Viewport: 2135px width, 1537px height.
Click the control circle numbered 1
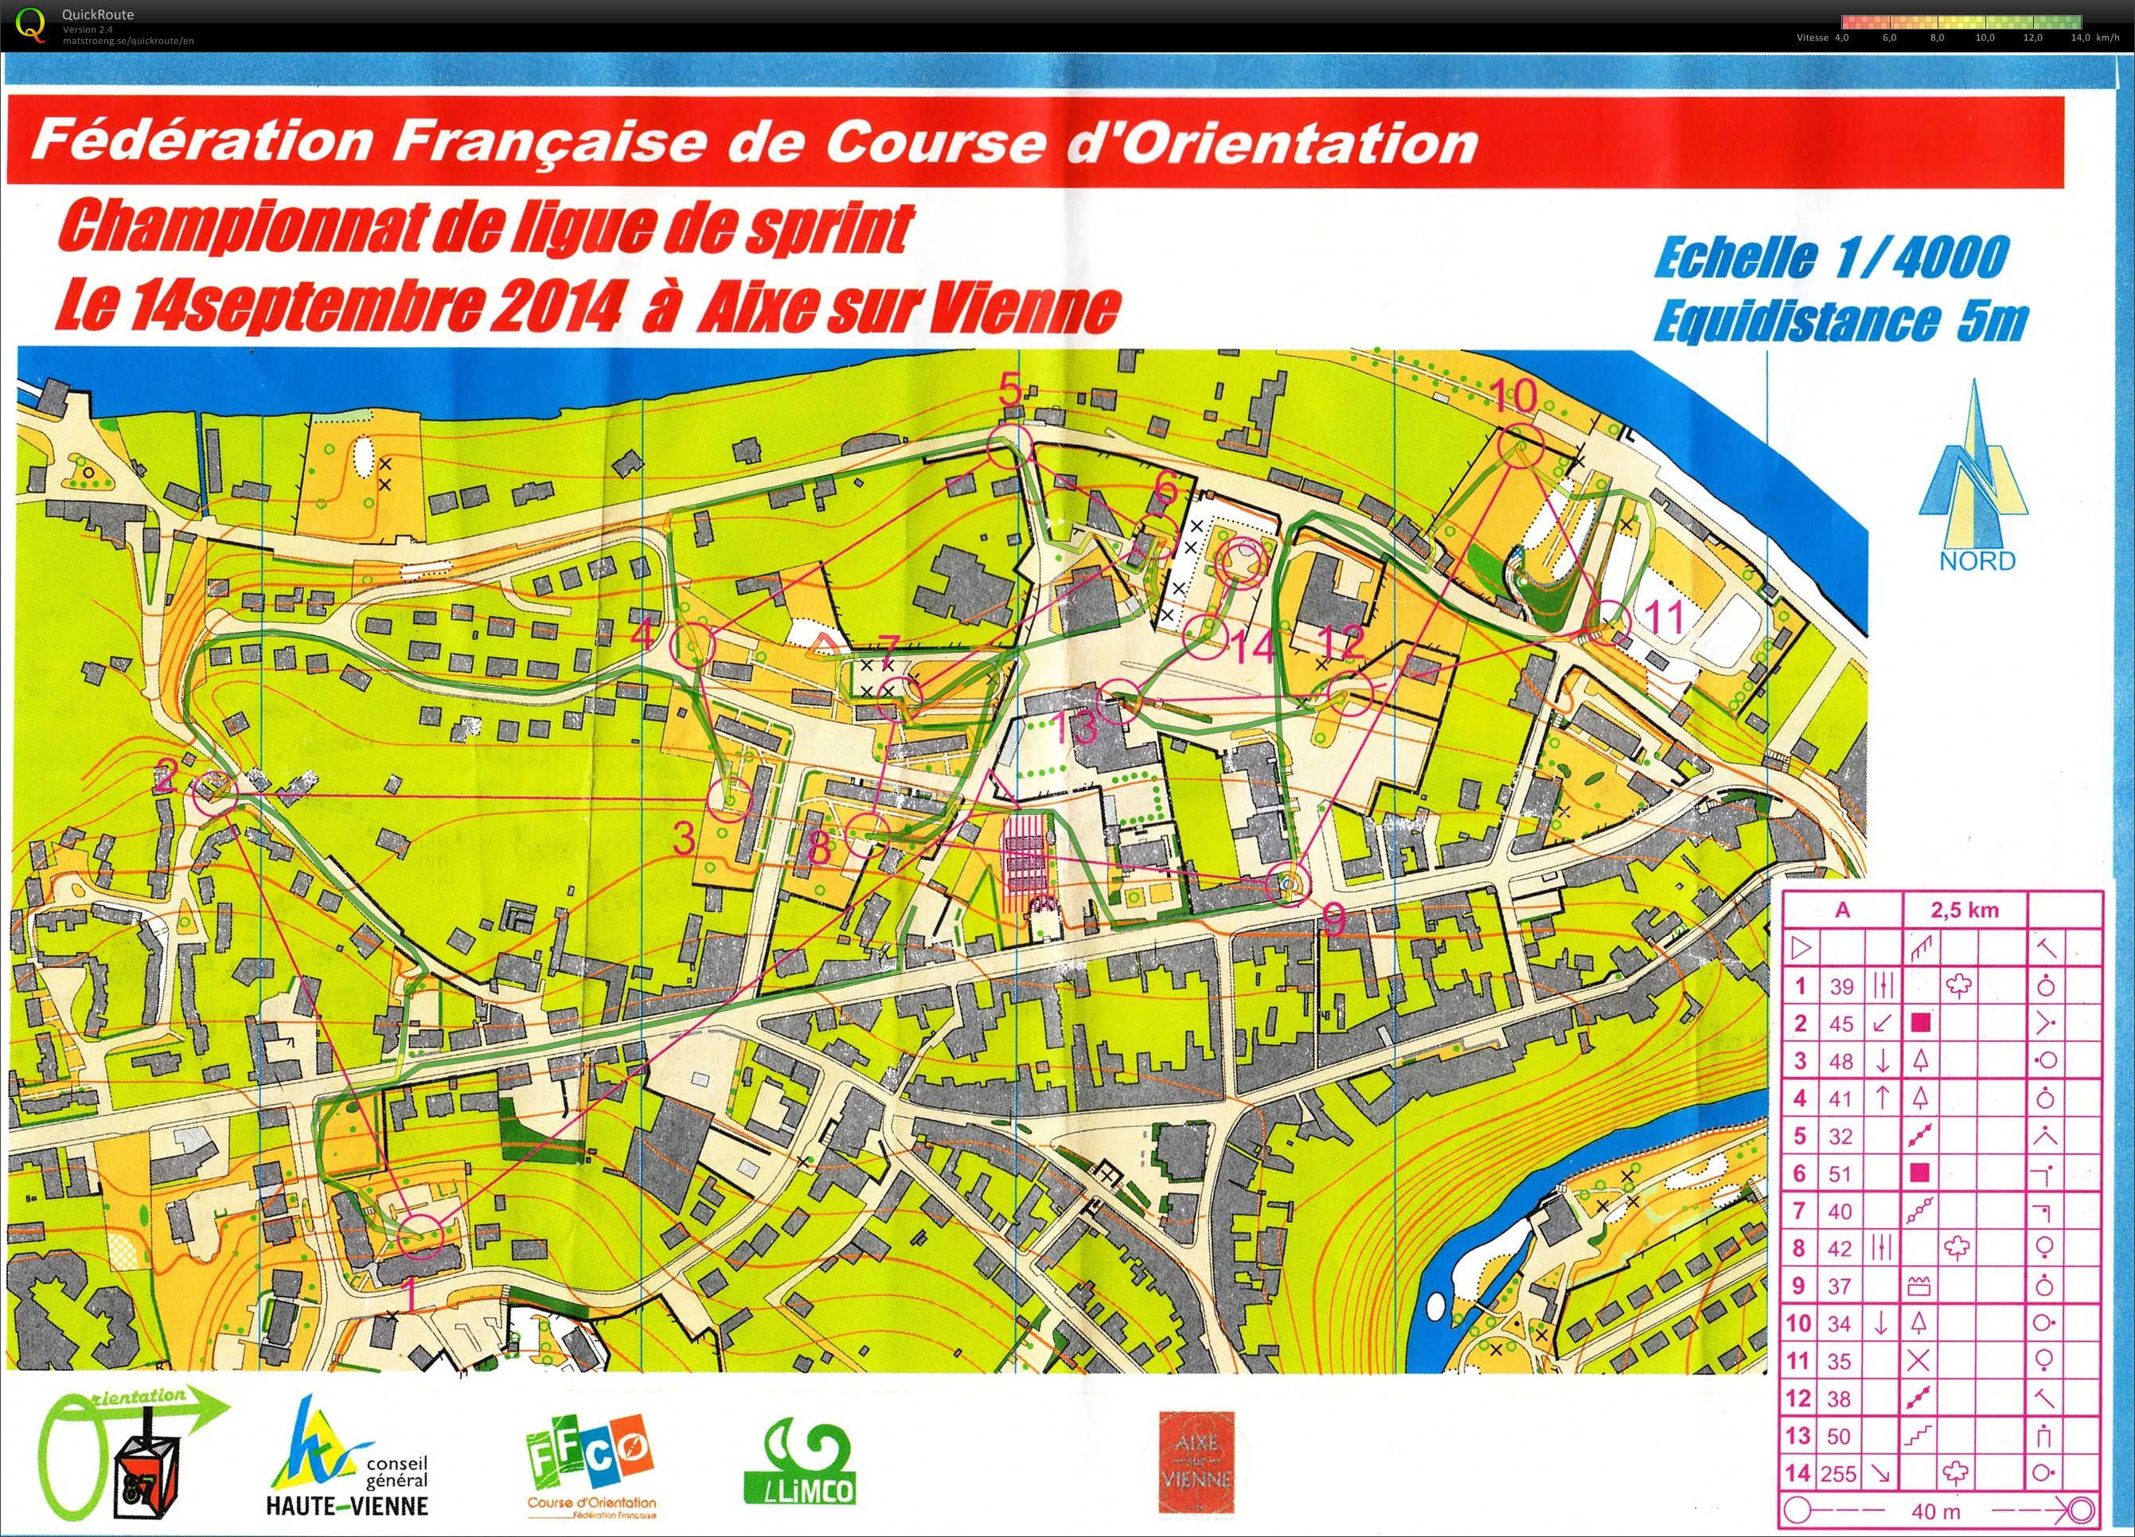point(420,1236)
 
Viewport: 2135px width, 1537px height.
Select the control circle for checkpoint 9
point(1287,883)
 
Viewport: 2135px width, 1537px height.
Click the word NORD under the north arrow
point(1976,561)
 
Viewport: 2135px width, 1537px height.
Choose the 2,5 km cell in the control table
point(1965,910)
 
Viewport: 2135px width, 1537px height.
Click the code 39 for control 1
point(1841,986)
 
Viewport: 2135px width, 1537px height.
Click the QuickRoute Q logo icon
point(30,25)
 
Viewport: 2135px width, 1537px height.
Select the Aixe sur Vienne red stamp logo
point(1196,1461)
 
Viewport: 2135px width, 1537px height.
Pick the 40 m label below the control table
point(1935,1512)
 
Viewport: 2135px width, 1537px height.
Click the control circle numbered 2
point(215,794)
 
